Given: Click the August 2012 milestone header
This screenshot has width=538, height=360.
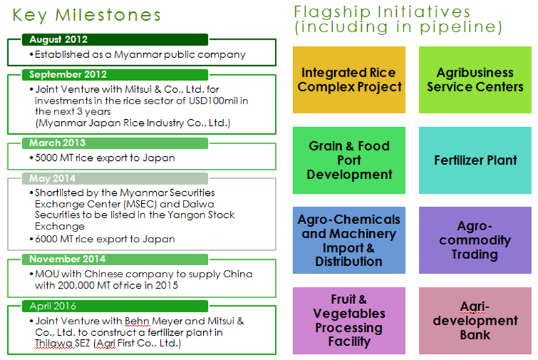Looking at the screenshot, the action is point(115,40).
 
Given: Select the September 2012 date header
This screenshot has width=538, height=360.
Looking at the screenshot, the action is point(115,75).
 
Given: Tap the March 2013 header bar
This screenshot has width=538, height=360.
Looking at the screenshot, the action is point(115,143).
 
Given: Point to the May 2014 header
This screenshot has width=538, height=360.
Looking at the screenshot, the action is point(115,178).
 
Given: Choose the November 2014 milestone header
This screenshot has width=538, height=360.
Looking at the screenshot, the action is point(115,259).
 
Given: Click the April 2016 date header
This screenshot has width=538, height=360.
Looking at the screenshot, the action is point(115,306).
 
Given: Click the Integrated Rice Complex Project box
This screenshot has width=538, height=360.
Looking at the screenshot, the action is point(349,79).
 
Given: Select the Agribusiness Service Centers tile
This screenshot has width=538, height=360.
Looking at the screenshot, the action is point(475,79).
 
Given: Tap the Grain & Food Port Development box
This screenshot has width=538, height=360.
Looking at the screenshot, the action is point(349,160).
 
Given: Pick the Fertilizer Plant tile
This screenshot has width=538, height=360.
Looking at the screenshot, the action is point(475,160).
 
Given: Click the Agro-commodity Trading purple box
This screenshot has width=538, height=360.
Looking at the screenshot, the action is point(475,240).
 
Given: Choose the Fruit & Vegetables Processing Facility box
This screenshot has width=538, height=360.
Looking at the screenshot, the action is point(349,320).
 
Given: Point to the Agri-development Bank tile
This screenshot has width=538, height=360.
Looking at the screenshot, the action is point(475,320).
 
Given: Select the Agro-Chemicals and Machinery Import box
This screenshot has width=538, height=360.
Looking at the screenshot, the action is point(349,240).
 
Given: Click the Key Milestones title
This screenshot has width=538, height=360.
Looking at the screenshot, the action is point(87,15).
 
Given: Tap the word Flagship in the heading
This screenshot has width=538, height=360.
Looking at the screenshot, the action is point(332,12).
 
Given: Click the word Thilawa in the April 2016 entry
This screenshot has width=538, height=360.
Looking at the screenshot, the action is point(54,344).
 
